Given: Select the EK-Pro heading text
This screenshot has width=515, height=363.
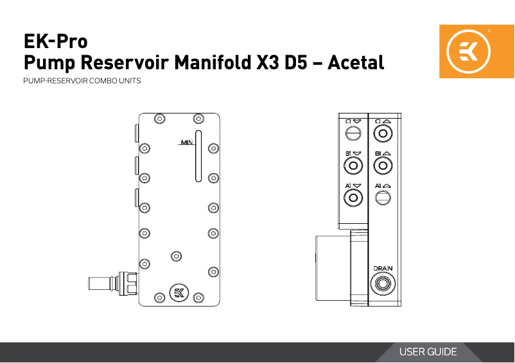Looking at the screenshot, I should (x=55, y=42).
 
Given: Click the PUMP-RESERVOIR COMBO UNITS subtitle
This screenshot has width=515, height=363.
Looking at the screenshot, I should (x=82, y=82).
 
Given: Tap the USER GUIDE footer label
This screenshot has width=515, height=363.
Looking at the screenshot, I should (x=428, y=352).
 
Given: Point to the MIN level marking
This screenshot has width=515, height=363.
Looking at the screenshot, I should (x=186, y=142).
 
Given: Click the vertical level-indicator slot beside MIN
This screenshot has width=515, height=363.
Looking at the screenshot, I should (x=198, y=157).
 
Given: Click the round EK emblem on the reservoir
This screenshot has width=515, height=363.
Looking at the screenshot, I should (x=179, y=293).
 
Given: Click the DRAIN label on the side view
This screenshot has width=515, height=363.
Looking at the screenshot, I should (x=383, y=268).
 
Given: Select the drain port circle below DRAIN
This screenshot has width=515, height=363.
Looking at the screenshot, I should (x=383, y=282).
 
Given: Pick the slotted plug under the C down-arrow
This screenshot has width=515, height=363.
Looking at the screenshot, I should (x=353, y=133).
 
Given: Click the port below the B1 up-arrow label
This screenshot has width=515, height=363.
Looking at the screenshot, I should (x=383, y=166).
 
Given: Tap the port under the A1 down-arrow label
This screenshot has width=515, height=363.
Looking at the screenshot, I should (x=353, y=198).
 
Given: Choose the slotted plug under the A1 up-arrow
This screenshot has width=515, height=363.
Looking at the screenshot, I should (x=383, y=198).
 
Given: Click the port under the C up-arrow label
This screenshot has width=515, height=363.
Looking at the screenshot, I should (x=383, y=133).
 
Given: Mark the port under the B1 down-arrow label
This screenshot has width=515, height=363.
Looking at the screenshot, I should (x=353, y=166).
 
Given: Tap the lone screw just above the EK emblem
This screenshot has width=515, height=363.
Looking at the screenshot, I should (x=175, y=257).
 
